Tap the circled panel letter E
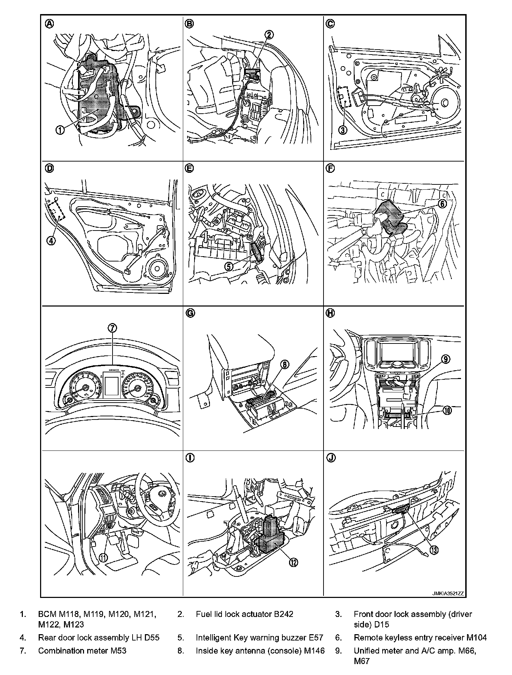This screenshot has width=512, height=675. click(189, 169)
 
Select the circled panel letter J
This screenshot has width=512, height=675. click(331, 458)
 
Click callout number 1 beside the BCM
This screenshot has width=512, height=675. click(60, 130)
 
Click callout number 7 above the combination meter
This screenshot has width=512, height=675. click(112, 328)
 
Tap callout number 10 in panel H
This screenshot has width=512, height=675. click(447, 410)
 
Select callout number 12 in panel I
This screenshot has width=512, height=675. click(293, 562)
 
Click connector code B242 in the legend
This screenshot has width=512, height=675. click(283, 614)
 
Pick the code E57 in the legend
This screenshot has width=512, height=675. click(315, 638)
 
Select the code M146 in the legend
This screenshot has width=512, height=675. click(315, 651)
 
